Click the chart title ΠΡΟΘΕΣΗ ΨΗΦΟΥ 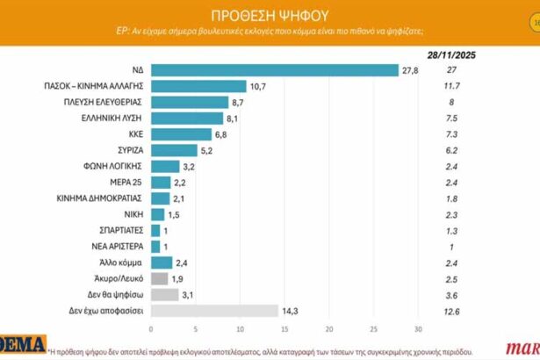[270, 14]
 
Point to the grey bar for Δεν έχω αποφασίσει [215, 310]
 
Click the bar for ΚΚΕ [181, 134]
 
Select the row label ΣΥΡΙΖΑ [126, 150]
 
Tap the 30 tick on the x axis [419, 329]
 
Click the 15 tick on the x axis [284, 329]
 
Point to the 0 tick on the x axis [151, 329]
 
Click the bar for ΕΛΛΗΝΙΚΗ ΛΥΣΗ [187, 118]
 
